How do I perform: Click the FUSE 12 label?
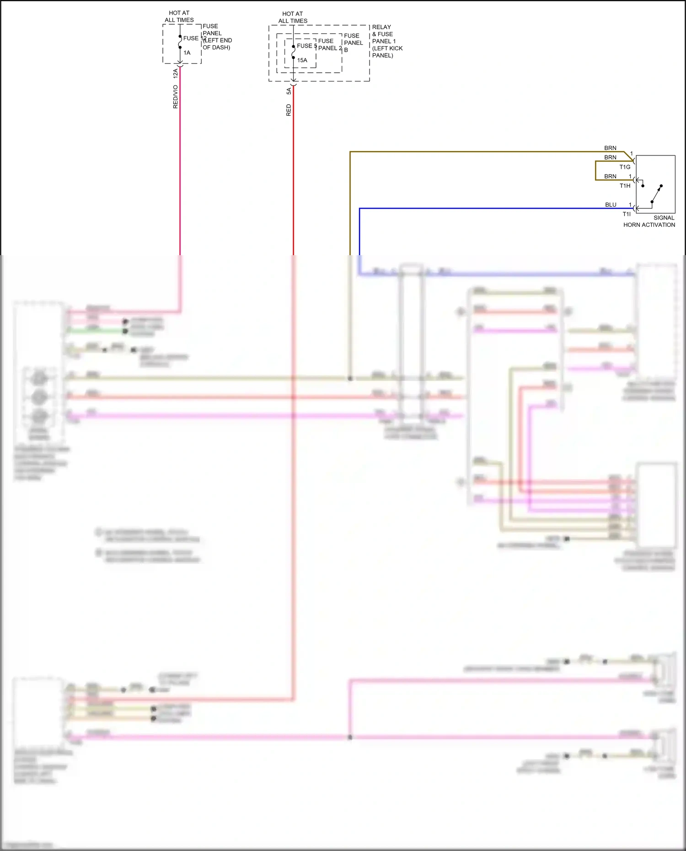pyautogui.click(x=194, y=38)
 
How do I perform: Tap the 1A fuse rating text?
pyautogui.click(x=187, y=53)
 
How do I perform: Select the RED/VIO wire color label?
pyautogui.click(x=175, y=96)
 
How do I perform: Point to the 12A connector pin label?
pyautogui.click(x=175, y=73)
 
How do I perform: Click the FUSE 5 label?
pyautogui.click(x=306, y=46)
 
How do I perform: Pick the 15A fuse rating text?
pyautogui.click(x=302, y=60)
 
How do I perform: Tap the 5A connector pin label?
pyautogui.click(x=289, y=91)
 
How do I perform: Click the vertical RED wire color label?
pyautogui.click(x=289, y=110)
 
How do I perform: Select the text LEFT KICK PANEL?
pyautogui.click(x=387, y=52)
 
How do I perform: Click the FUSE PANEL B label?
pyautogui.click(x=353, y=43)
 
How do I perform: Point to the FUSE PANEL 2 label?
pyautogui.click(x=330, y=44)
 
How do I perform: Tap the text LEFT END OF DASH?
pyautogui.click(x=218, y=44)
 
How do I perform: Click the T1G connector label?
pyautogui.click(x=625, y=167)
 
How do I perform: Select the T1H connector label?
pyautogui.click(x=625, y=186)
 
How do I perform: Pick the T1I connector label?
pyautogui.click(x=626, y=214)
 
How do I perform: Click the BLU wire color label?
pyautogui.click(x=611, y=204)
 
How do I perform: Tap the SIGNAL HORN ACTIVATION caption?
pyautogui.click(x=649, y=221)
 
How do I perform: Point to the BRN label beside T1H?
pyautogui.click(x=610, y=176)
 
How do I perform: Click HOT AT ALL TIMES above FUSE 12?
pyautogui.click(x=179, y=16)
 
